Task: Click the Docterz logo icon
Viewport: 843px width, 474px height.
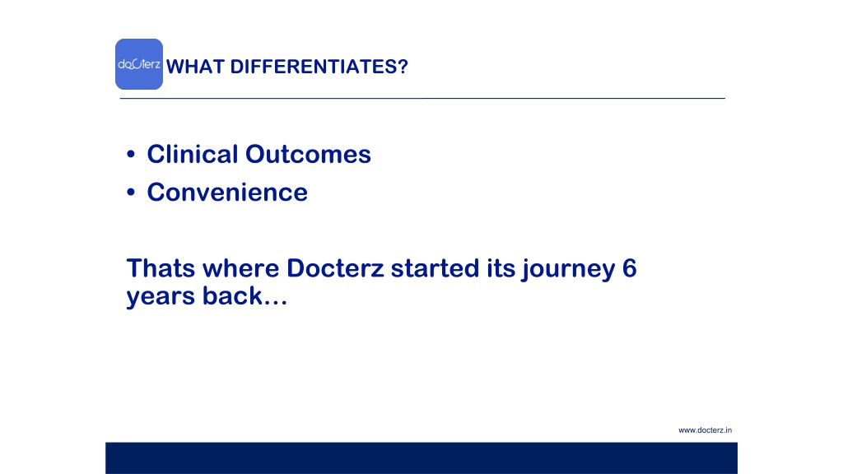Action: [138, 64]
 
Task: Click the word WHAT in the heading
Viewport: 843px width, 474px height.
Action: [195, 67]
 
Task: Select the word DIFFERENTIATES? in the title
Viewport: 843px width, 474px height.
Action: [319, 67]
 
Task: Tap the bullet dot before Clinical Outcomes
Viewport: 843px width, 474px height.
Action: [131, 155]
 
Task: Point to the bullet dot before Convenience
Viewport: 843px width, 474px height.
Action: [131, 193]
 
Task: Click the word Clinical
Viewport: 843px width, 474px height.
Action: [193, 154]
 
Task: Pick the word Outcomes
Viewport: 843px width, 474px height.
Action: [308, 154]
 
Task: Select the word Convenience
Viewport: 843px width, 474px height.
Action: [227, 192]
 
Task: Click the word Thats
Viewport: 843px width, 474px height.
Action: [161, 267]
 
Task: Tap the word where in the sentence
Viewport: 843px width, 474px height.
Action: [241, 267]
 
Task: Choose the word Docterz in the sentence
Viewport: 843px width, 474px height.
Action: [336, 267]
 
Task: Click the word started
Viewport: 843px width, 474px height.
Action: [435, 267]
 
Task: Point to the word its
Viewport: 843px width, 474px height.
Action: [501, 267]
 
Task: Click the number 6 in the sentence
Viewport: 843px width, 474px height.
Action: [630, 267]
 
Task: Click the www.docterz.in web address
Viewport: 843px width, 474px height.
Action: [705, 430]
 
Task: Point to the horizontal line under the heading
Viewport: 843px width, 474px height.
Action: [422, 99]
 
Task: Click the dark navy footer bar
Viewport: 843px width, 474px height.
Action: [421, 458]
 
